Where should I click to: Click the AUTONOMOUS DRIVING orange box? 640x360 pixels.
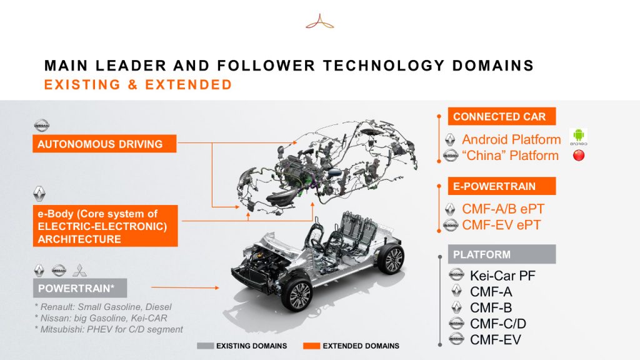[x=104, y=144]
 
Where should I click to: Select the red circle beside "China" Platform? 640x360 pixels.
[x=579, y=156]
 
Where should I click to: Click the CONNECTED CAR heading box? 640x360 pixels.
[x=502, y=116]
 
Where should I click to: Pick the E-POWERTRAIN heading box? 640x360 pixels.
[x=502, y=186]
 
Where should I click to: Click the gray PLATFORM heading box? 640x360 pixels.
[x=502, y=254]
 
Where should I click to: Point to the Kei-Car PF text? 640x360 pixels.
[x=502, y=276]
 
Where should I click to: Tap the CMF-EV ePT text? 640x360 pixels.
[x=501, y=225]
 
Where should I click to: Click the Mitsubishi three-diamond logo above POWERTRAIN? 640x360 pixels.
[x=79, y=270]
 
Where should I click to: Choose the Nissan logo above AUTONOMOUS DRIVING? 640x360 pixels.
[x=41, y=125]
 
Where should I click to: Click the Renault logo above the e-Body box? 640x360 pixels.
[x=39, y=194]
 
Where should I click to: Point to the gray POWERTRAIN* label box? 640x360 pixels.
[x=80, y=288]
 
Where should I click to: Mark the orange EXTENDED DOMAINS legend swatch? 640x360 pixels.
[x=311, y=346]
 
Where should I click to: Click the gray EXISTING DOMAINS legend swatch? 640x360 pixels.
[x=205, y=346]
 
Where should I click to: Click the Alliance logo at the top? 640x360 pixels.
[x=319, y=22]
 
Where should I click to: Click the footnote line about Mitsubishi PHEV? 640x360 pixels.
[x=109, y=329]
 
